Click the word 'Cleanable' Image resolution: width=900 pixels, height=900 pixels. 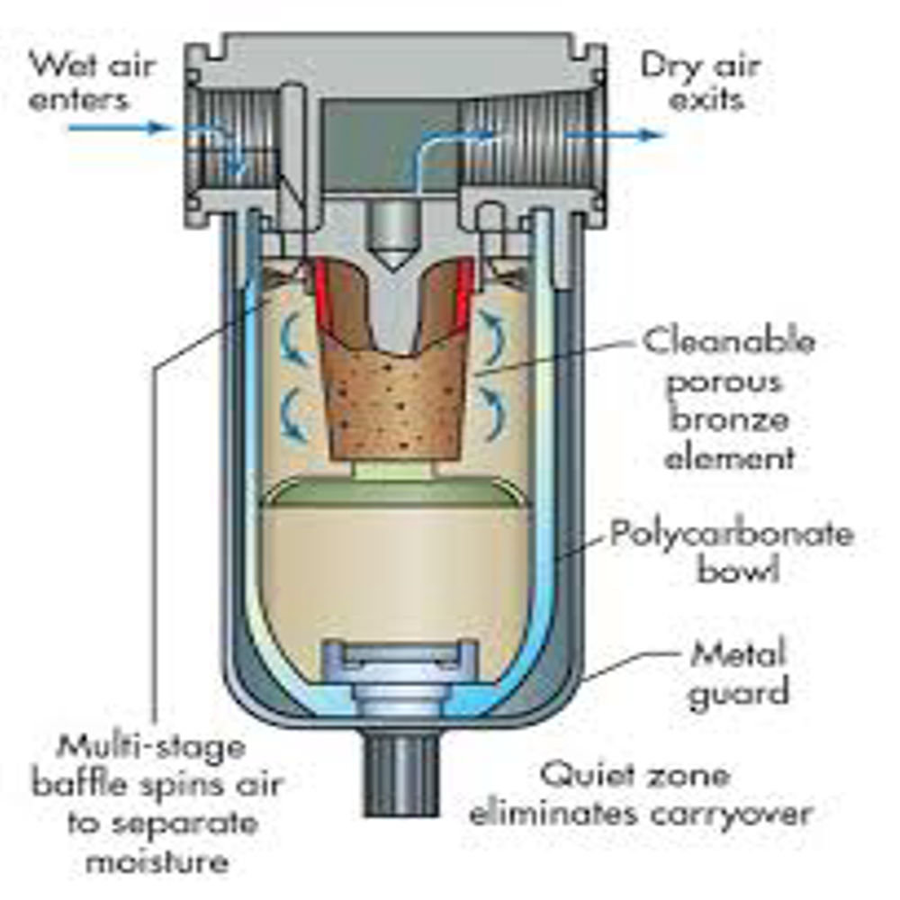coord(729,342)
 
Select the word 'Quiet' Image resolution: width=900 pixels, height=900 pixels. coord(585,775)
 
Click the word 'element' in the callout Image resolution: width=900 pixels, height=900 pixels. coord(729,457)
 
